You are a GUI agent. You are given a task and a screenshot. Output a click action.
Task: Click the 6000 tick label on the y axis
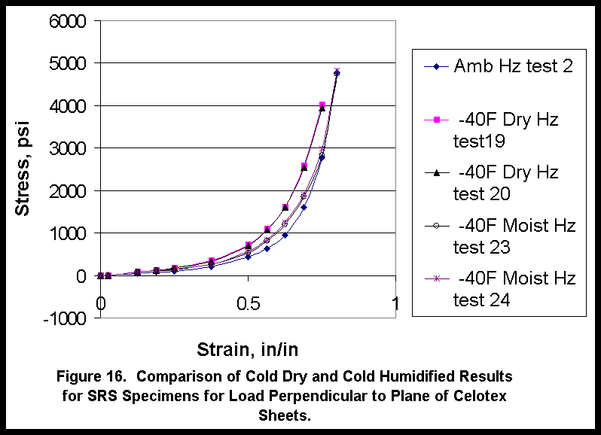69,21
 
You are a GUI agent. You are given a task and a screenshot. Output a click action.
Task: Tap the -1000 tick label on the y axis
66,318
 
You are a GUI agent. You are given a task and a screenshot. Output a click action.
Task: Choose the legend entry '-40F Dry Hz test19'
506,129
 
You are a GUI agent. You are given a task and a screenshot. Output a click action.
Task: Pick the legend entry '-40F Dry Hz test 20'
506,183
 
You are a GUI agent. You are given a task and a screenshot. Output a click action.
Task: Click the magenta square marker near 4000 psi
322,105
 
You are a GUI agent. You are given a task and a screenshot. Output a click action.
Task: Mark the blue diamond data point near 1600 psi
304,207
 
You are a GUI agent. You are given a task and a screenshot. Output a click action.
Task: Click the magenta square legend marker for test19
436,119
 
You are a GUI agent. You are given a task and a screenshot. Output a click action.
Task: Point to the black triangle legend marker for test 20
436,172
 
